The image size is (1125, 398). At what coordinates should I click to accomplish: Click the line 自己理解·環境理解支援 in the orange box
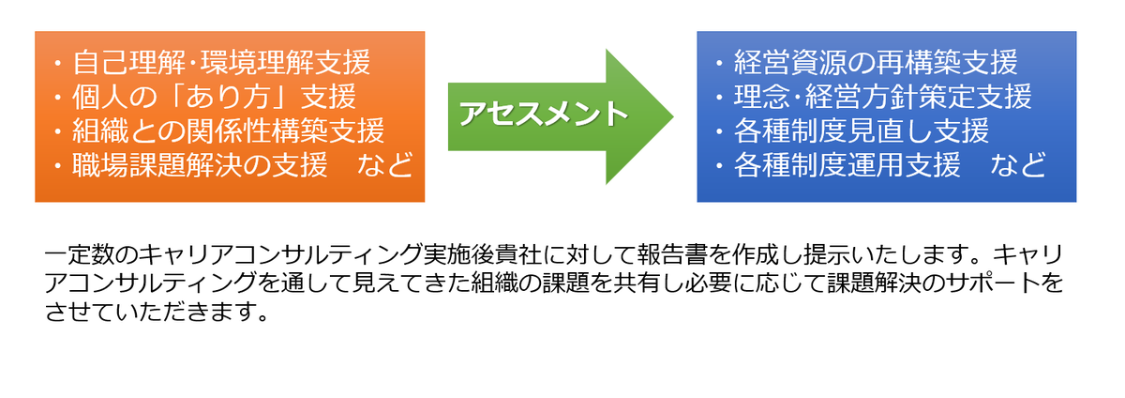click(221, 62)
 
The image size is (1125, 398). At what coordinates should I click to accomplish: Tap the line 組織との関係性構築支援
click(229, 130)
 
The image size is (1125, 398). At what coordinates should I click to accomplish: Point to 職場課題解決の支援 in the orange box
click(200, 165)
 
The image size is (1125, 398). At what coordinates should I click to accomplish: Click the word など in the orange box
click(385, 165)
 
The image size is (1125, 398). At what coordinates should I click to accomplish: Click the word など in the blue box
click(1018, 165)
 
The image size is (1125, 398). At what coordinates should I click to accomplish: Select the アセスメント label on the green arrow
click(544, 114)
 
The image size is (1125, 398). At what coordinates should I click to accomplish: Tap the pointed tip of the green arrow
click(673, 116)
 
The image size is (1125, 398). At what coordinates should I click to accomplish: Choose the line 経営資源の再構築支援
click(876, 62)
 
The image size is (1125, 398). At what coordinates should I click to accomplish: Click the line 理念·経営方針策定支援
click(883, 97)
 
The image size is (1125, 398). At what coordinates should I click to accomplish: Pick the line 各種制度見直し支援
click(862, 130)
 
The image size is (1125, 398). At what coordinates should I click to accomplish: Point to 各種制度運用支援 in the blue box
click(847, 165)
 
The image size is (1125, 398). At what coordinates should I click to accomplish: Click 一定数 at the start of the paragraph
click(80, 254)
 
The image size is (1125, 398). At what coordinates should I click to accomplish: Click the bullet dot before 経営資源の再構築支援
click(720, 64)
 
